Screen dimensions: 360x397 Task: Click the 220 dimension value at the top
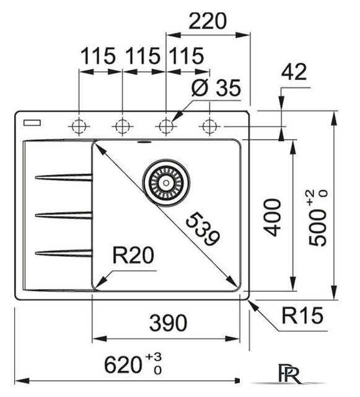[208, 21]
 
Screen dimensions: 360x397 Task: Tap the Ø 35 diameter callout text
[216, 88]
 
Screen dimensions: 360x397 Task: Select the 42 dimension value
[294, 72]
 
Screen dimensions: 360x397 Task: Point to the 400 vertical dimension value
[272, 218]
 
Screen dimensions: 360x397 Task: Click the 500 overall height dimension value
[318, 218]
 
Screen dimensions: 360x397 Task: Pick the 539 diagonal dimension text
[203, 230]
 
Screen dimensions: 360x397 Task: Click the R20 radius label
[133, 255]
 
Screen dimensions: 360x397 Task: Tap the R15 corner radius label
[302, 316]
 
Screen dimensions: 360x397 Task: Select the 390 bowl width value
[169, 323]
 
